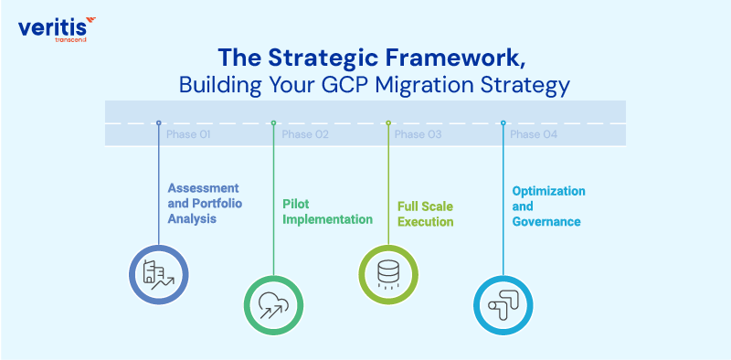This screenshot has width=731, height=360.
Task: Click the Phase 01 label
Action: tap(188, 134)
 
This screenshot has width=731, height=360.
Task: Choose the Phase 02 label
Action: tap(305, 134)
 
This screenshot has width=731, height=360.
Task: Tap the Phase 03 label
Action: tap(418, 134)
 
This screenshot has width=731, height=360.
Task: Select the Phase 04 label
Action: tap(534, 134)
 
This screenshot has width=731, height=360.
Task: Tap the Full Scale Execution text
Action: tap(425, 214)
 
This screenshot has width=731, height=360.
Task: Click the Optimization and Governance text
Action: tap(548, 206)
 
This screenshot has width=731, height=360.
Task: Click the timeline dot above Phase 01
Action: tap(159, 122)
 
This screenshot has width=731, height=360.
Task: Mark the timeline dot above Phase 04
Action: tap(503, 122)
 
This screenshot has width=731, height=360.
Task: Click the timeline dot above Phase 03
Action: tap(387, 122)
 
